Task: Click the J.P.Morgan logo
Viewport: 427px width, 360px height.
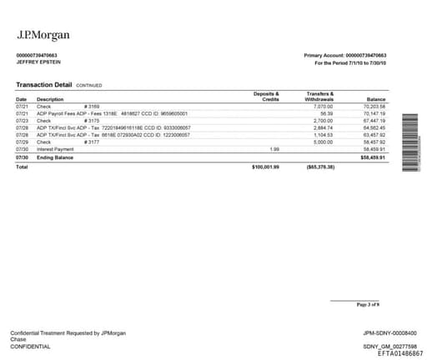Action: point(43,35)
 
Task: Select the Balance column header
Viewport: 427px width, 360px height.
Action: point(377,100)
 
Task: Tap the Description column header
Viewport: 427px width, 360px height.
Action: point(50,100)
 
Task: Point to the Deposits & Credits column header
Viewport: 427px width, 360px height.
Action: point(265,97)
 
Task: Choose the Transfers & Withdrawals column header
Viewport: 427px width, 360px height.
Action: point(319,97)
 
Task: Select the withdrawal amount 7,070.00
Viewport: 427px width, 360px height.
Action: point(323,107)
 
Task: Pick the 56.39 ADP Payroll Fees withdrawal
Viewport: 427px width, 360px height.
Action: point(326,113)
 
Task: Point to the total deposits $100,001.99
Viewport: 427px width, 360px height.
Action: point(265,167)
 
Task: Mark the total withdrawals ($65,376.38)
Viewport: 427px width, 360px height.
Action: point(320,167)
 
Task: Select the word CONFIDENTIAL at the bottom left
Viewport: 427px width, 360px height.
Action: point(29,347)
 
